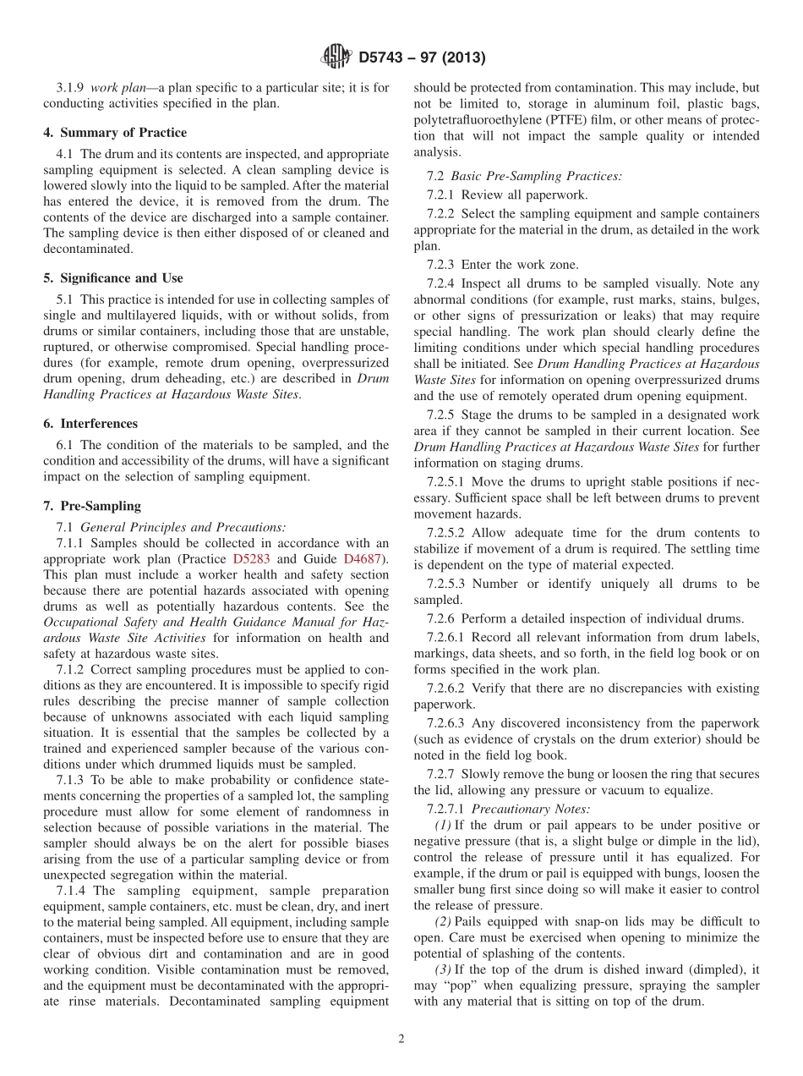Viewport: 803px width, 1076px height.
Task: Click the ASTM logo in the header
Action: click(336, 58)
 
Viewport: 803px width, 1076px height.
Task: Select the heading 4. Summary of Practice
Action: click(115, 133)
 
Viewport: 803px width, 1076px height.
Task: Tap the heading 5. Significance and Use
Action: click(113, 277)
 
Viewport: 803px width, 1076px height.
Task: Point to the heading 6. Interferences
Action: click(90, 423)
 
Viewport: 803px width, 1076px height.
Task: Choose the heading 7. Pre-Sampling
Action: click(92, 506)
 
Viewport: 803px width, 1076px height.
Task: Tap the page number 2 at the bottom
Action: click(401, 1039)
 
